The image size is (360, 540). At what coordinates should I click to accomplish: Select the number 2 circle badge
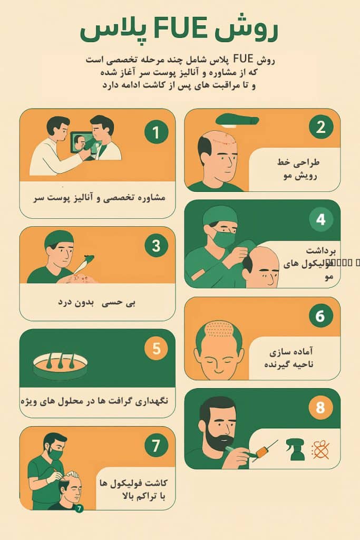tap(321, 127)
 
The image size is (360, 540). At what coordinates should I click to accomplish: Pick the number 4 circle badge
tap(321, 219)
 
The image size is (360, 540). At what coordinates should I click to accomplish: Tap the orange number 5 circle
tap(157, 349)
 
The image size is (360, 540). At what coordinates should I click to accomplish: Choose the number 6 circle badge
tap(321, 316)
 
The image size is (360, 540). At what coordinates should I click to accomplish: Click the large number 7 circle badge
tap(157, 446)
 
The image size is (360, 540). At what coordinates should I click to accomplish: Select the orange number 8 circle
tap(321, 408)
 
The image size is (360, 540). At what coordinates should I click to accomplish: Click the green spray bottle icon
tap(295, 449)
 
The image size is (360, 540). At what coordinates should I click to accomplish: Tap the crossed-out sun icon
tap(320, 449)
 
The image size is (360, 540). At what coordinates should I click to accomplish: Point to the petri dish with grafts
tap(60, 365)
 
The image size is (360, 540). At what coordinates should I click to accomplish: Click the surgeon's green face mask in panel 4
tap(223, 239)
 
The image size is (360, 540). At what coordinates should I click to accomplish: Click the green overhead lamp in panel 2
tap(237, 119)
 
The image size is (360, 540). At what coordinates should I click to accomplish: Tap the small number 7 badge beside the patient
tap(79, 509)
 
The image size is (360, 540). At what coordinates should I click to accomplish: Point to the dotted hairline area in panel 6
tap(218, 331)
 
